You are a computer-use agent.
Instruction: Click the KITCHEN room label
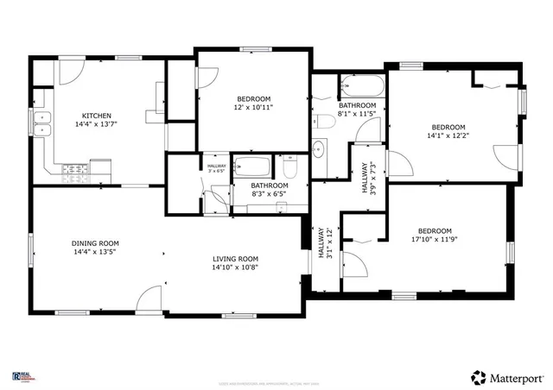[96, 116]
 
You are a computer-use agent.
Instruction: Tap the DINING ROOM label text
[95, 243]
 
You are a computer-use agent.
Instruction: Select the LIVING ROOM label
[236, 259]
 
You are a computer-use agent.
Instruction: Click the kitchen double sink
[42, 124]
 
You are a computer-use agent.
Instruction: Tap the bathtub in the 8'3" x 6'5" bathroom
[252, 167]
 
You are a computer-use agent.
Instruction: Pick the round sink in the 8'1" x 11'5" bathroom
[318, 148]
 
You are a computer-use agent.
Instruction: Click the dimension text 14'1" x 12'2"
[448, 135]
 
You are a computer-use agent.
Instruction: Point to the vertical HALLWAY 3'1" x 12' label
[324, 244]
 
